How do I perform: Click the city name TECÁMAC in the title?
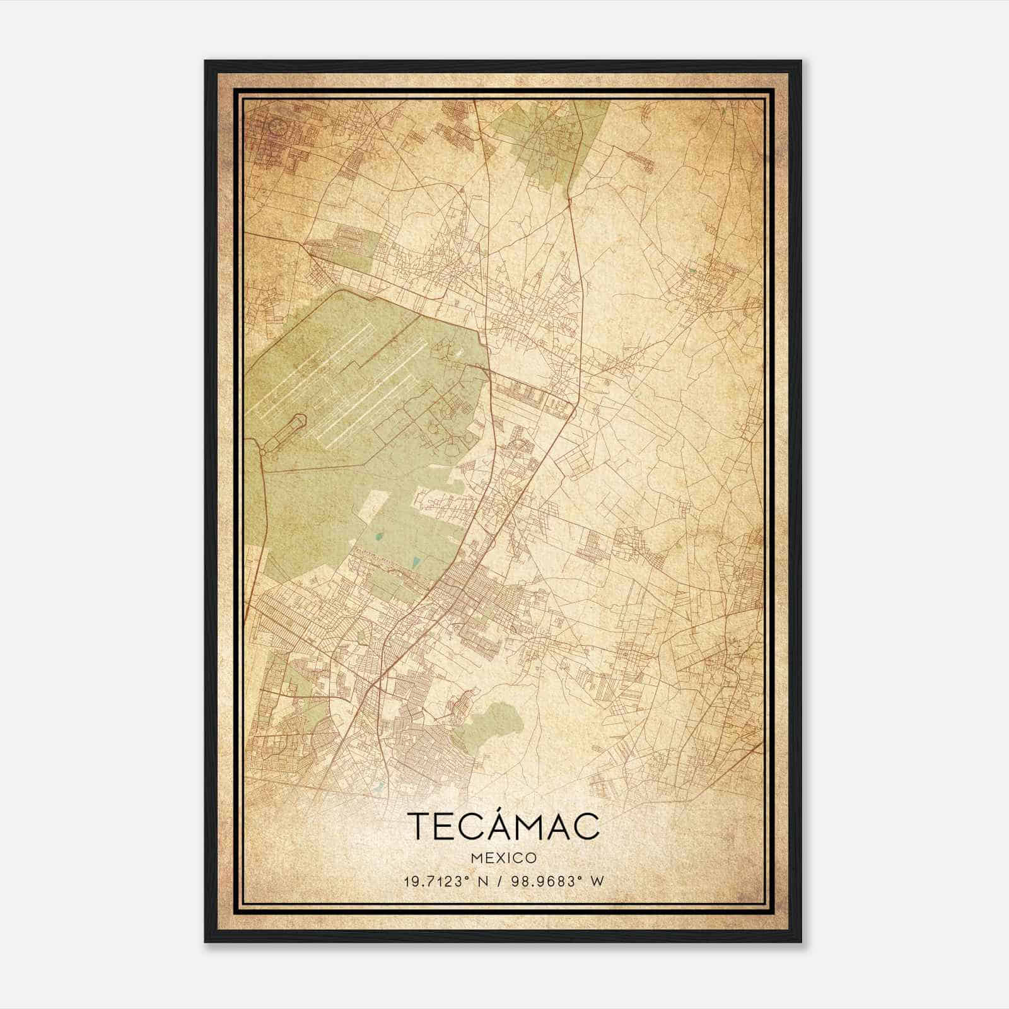coord(503,826)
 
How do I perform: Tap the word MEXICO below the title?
coord(503,858)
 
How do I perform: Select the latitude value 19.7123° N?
coord(444,881)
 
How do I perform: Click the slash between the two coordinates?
coord(501,881)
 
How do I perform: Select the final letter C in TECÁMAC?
coord(586,827)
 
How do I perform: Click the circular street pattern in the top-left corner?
coord(276,125)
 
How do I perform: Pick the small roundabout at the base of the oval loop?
coord(263,450)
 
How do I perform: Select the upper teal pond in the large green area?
coord(378,537)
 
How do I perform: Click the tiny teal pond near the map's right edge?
coord(694,271)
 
